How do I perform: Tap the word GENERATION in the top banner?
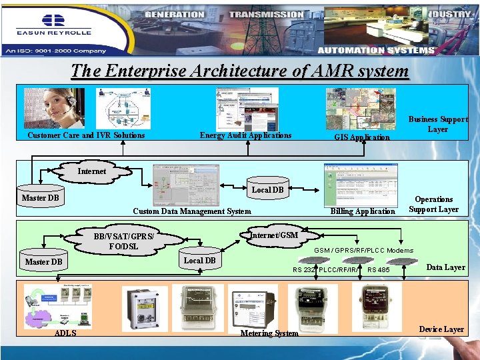pos(174,14)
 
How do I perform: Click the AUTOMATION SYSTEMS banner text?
pos(376,50)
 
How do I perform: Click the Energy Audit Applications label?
pos(245,135)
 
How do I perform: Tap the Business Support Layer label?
pos(437,125)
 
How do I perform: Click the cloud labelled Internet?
pos(92,171)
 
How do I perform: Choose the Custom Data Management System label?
pos(192,211)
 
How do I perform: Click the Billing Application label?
pos(363,211)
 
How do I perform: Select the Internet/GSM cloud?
pos(274,235)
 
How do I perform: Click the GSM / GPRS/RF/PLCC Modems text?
pos(363,251)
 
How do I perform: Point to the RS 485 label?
pos(378,270)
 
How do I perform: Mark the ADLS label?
pos(65,333)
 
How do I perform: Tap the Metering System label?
pos(269,333)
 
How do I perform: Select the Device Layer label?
pos(441,329)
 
